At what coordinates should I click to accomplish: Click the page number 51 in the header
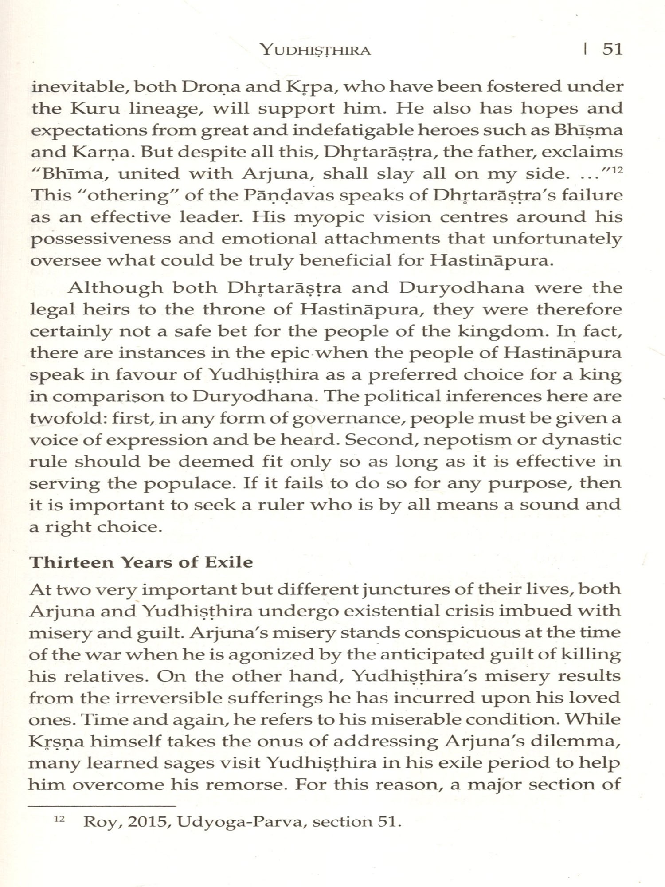tap(613, 49)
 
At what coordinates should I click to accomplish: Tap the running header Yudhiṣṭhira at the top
tap(316, 50)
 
